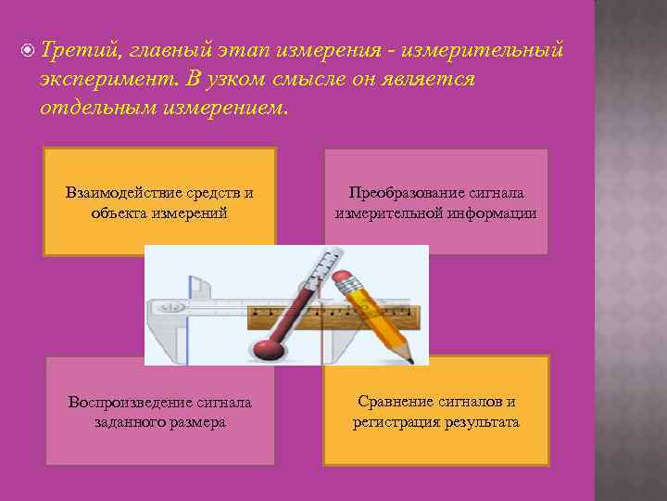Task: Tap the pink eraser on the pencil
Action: (x=345, y=277)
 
